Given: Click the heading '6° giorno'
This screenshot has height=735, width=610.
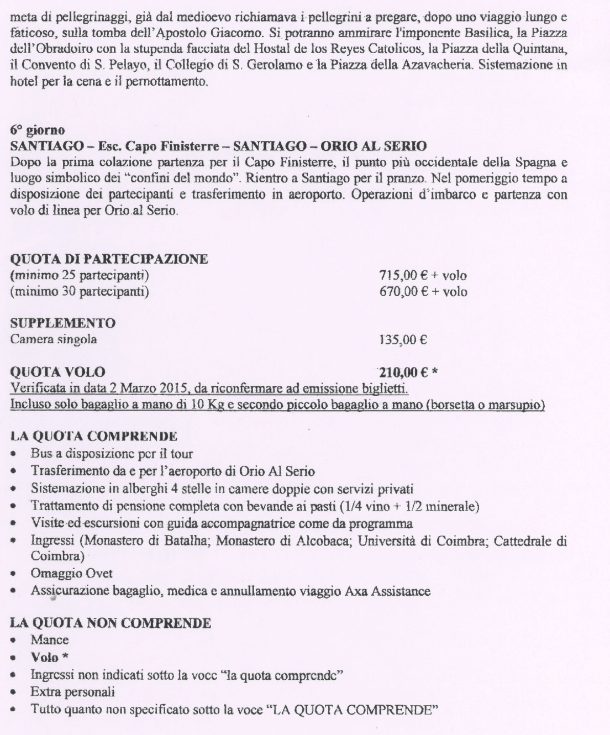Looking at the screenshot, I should [38, 131].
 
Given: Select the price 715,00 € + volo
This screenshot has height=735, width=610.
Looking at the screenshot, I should [423, 275].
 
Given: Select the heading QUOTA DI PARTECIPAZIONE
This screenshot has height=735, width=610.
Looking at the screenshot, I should [109, 259].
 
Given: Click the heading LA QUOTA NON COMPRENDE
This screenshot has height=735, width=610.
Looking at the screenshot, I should [111, 623].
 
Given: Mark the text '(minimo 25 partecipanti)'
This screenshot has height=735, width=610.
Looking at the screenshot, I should [80, 275].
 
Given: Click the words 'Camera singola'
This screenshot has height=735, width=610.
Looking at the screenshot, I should [54, 339].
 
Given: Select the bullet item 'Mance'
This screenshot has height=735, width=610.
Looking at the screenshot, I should [50, 640].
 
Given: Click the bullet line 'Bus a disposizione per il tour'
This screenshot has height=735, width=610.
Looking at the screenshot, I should [112, 454].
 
